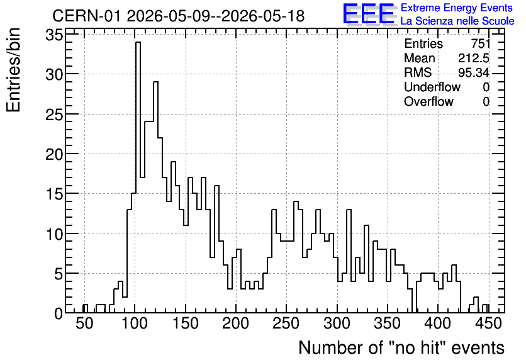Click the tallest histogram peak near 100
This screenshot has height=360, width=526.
click(138, 42)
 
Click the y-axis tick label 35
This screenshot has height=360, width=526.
click(54, 35)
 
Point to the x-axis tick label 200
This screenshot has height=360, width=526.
click(236, 323)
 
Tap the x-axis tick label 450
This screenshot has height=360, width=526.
click(488, 323)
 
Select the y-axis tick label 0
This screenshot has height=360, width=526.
click(59, 313)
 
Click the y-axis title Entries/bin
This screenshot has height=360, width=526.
click(13, 70)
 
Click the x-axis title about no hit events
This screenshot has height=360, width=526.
click(401, 347)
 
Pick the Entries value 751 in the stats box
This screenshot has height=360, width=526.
click(480, 43)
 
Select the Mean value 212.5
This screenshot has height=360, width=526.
click(474, 58)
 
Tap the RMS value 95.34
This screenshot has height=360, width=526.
click(474, 72)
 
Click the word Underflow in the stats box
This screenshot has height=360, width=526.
click(432, 87)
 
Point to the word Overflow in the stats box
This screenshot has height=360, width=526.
click(428, 101)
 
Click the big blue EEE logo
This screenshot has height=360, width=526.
click(369, 14)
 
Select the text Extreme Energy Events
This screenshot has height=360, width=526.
click(457, 8)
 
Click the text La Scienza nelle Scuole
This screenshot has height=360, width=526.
click(457, 21)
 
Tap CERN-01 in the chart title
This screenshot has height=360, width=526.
click(86, 16)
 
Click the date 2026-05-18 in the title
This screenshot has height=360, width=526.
click(263, 16)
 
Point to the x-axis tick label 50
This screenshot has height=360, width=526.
click(84, 323)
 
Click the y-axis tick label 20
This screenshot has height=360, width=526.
click(54, 154)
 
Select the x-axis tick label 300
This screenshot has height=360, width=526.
click(337, 323)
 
